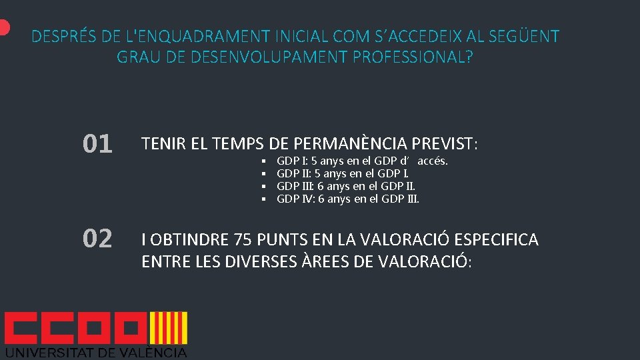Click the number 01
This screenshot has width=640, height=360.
(97, 144)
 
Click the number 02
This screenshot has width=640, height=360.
(97, 239)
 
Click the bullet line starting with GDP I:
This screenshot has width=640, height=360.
(362, 161)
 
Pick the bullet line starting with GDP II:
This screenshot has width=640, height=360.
(343, 174)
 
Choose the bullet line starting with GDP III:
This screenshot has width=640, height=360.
(346, 187)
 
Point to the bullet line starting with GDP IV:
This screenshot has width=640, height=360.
(347, 199)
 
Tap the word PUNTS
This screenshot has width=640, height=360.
(287, 240)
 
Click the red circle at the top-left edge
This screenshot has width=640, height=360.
(3, 27)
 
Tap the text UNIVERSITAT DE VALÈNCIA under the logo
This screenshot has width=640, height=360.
(96, 352)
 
